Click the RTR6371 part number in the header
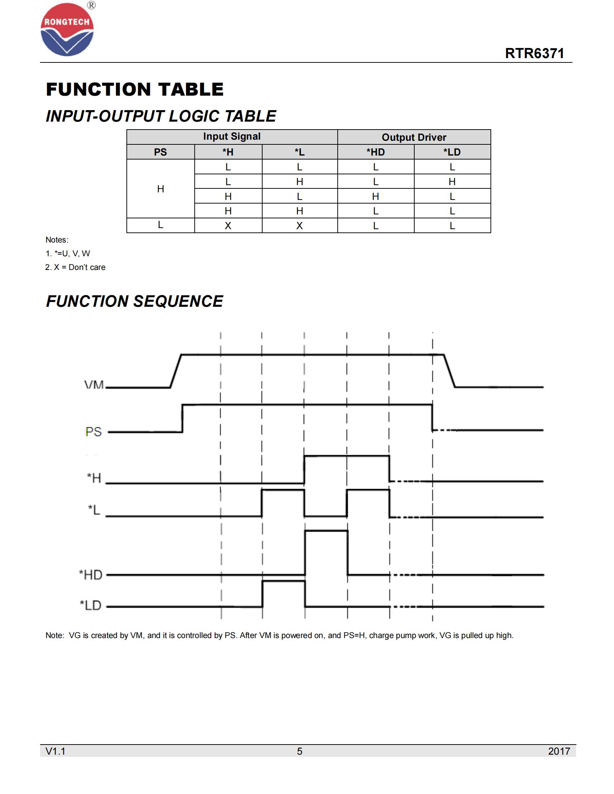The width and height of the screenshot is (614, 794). [534, 53]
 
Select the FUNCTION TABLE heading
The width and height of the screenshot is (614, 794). [135, 90]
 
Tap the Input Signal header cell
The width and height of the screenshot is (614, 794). [232, 136]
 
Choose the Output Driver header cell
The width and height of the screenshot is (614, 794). [414, 137]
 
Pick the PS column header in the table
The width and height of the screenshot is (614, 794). [160, 152]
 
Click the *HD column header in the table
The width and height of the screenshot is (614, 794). [375, 152]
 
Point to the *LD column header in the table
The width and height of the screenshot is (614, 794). [452, 152]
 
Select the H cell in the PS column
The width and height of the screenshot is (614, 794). [160, 189]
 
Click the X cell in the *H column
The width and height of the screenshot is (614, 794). [228, 226]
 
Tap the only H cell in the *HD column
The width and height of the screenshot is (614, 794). [375, 196]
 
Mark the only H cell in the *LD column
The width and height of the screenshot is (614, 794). [452, 182]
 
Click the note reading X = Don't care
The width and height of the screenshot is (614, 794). [75, 267]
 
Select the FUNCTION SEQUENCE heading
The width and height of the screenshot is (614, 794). [135, 301]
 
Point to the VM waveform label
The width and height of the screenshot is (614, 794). [94, 385]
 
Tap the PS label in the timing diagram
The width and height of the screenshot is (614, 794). [94, 432]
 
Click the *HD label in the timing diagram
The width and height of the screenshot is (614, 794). [91, 575]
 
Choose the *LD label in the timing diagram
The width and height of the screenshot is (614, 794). [91, 605]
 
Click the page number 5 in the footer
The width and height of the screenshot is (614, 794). [299, 751]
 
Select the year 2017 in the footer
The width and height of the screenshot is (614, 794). [559, 751]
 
